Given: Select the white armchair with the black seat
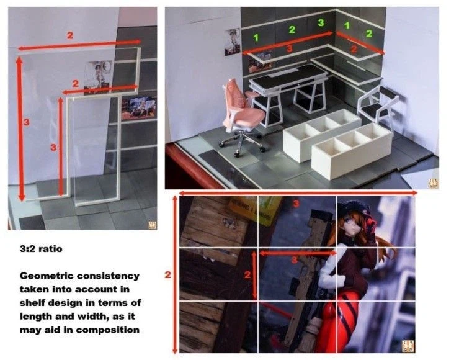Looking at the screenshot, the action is pyautogui.click(x=378, y=106).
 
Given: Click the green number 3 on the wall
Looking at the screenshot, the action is pyautogui.click(x=321, y=22).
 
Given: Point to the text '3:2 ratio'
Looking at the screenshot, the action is pyautogui.click(x=41, y=249).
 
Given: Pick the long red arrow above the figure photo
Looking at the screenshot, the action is pyautogui.click(x=298, y=193).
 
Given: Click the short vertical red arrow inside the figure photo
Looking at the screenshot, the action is pyautogui.click(x=254, y=275).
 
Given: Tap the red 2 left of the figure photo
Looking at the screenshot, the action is pyautogui.click(x=167, y=275).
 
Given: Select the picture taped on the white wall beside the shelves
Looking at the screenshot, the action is pyautogui.click(x=232, y=42).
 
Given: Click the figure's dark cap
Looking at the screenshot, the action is pyautogui.click(x=355, y=209).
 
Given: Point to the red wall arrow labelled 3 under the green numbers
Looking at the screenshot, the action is pyautogui.click(x=288, y=43).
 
